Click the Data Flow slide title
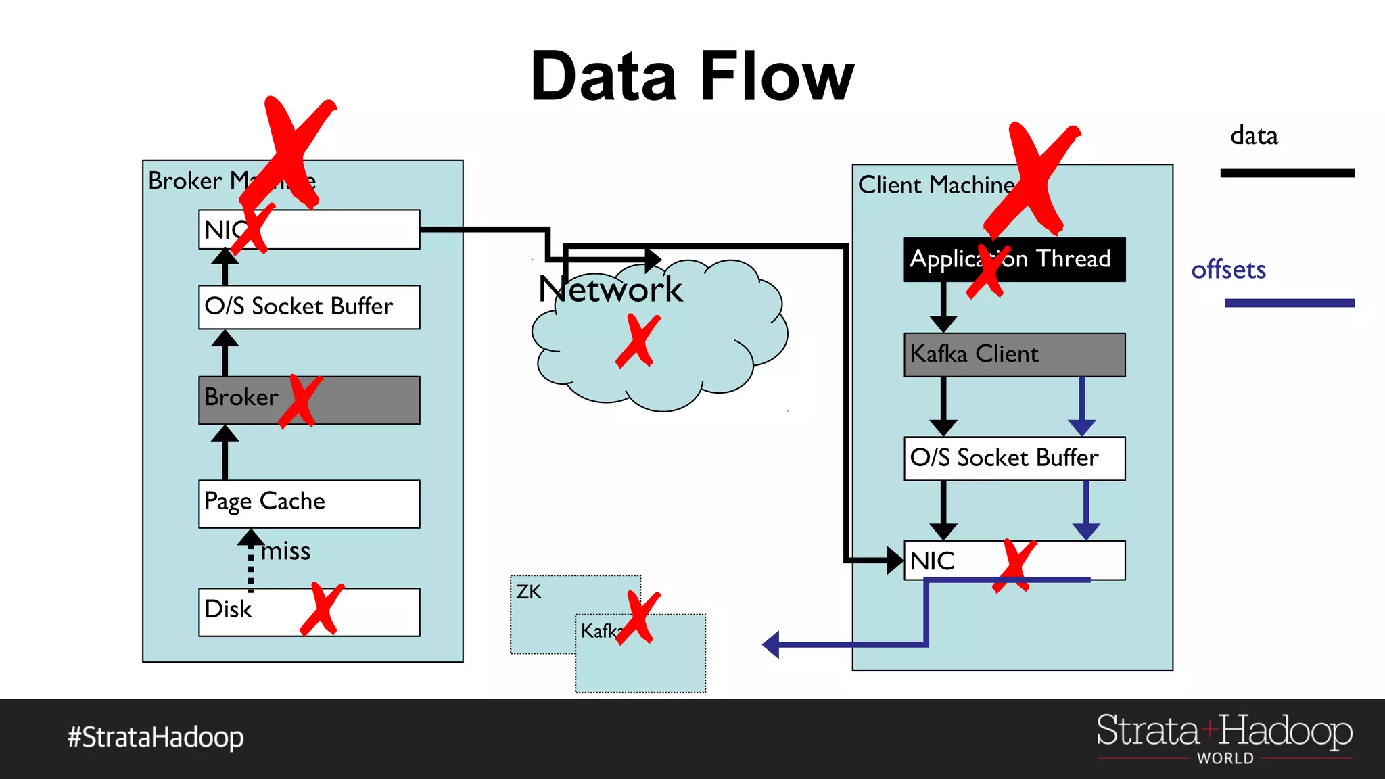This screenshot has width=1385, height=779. click(692, 77)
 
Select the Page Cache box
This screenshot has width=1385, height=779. click(309, 504)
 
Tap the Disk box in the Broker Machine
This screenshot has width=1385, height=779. click(257, 611)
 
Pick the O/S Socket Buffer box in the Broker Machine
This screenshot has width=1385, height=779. click(309, 307)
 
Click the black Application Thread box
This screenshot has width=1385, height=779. click(1014, 259)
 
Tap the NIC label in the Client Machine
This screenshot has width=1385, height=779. click(932, 561)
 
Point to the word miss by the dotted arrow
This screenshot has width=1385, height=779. click(285, 551)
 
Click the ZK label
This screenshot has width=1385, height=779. click(528, 592)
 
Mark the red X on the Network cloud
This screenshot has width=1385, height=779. click(637, 341)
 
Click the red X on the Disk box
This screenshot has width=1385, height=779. click(322, 609)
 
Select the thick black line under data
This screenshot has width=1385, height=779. click(1286, 173)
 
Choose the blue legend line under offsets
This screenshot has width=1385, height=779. click(1289, 303)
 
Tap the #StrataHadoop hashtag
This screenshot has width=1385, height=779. click(156, 737)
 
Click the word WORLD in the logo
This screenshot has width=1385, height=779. click(1225, 758)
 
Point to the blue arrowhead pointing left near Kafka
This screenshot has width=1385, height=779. click(772, 644)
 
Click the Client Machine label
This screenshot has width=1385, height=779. click(936, 185)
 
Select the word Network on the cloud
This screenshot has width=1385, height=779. click(610, 289)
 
